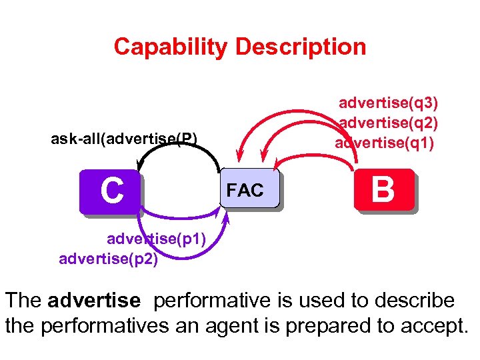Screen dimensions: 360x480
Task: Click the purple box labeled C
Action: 111,191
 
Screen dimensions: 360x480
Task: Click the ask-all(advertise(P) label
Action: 124,139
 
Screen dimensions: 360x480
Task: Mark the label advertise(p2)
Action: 109,259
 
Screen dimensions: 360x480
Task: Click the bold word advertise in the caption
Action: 94,301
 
